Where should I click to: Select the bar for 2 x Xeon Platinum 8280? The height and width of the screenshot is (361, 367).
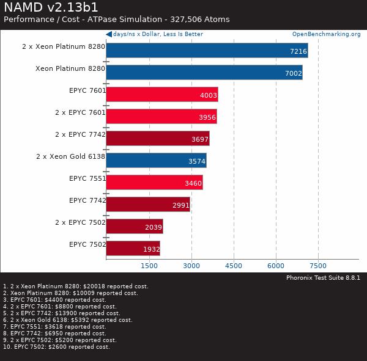tap(207, 51)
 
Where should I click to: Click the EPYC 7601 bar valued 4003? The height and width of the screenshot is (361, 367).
tap(161, 95)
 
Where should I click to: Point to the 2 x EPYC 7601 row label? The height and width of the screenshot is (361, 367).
tap(80, 112)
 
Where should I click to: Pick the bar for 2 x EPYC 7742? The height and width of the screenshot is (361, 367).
tap(157, 139)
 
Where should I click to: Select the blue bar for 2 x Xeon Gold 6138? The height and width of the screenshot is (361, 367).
tap(156, 161)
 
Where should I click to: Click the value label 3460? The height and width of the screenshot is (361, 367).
tap(193, 183)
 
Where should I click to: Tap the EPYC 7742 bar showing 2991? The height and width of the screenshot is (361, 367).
tap(148, 205)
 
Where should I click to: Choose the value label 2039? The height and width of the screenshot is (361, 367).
tap(153, 227)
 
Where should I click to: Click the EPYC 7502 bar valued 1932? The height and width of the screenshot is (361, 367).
tap(133, 249)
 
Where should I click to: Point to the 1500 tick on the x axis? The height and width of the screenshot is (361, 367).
tap(149, 266)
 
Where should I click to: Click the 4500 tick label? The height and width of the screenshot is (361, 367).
tap(234, 266)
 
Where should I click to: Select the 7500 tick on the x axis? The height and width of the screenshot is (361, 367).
tap(318, 266)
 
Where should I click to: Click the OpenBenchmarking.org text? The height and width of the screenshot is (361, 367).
tap(326, 34)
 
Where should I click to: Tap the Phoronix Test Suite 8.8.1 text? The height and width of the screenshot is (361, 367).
tap(323, 277)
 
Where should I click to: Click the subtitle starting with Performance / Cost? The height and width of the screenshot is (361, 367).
tap(116, 20)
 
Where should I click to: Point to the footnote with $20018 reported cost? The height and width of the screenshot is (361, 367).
tap(76, 286)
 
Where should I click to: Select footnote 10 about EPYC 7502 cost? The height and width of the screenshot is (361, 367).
tap(56, 347)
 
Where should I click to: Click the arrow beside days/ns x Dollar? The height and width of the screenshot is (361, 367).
tap(109, 34)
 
